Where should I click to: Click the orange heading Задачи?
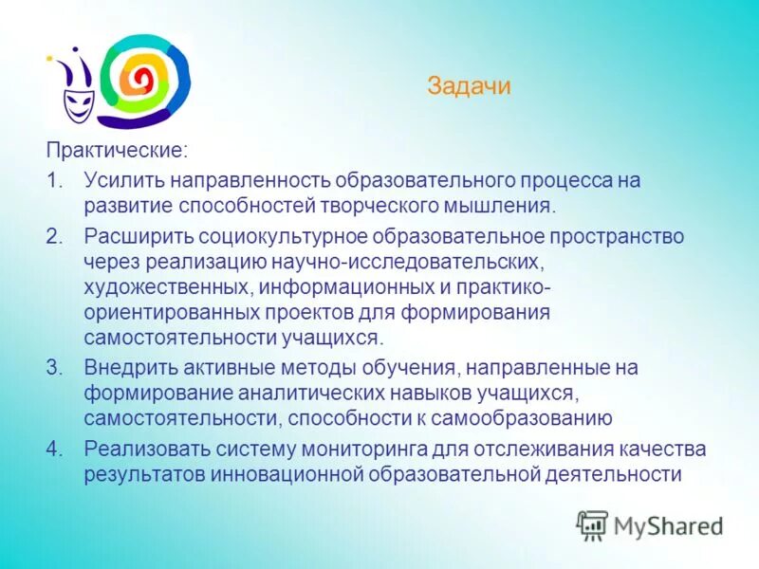[469, 87]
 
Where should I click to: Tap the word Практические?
[117, 150]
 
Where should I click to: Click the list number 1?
[54, 179]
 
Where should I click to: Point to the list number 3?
[54, 367]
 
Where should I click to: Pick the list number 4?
[54, 449]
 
